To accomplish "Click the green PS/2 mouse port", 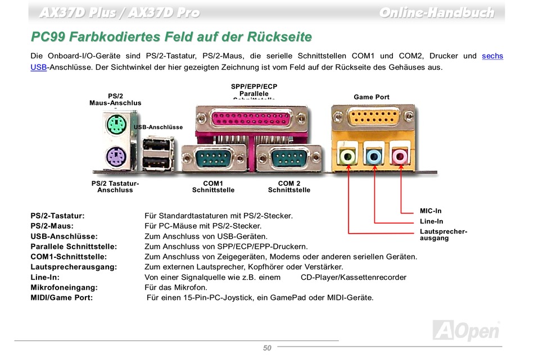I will [116, 126].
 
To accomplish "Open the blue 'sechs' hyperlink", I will [492, 56].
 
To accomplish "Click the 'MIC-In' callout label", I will [431, 211].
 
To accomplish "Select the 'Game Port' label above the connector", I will [372, 97].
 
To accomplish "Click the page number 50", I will [267, 348].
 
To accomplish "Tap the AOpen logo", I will [466, 330].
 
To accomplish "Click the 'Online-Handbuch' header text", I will [436, 12].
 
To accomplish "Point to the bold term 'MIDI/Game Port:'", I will [62, 298].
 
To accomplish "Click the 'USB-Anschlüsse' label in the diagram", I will [159, 127].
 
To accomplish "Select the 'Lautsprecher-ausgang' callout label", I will [443, 235].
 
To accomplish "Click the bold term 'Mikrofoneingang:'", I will [62, 288].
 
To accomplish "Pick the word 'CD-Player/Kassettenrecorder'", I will [353, 277].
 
